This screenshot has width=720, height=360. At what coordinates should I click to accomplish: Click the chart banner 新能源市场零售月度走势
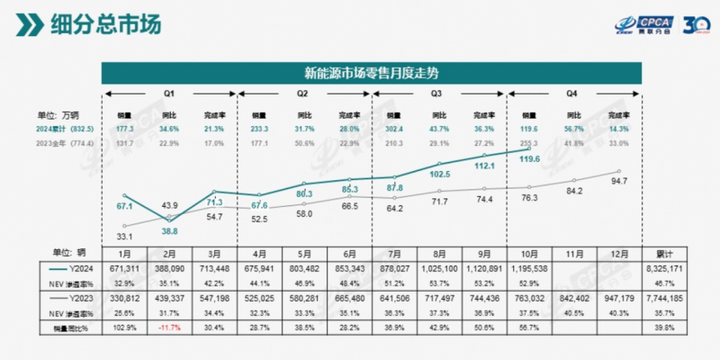[368, 72]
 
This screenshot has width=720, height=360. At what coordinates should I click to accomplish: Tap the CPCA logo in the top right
[657, 24]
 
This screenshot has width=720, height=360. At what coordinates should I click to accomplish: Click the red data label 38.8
[169, 231]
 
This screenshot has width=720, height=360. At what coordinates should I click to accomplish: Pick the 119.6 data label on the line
[529, 159]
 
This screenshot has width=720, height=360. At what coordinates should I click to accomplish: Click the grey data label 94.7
[616, 181]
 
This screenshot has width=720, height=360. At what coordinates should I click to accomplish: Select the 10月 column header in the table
[529, 255]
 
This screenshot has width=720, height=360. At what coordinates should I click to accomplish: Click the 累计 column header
[661, 255]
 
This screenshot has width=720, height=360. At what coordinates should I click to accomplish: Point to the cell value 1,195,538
[529, 268]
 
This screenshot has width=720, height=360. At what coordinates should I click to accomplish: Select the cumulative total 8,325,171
[661, 268]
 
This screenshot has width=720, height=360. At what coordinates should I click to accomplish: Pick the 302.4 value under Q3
[396, 130]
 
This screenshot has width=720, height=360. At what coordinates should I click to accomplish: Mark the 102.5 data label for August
[440, 174]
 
